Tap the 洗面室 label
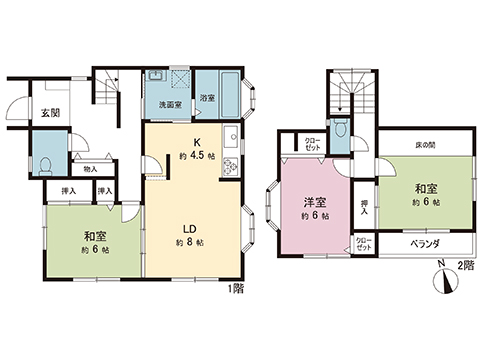point(168,104)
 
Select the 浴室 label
point(207,97)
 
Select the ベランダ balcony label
point(430,243)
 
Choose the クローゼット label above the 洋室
point(313,142)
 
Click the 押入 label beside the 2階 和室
point(364,207)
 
